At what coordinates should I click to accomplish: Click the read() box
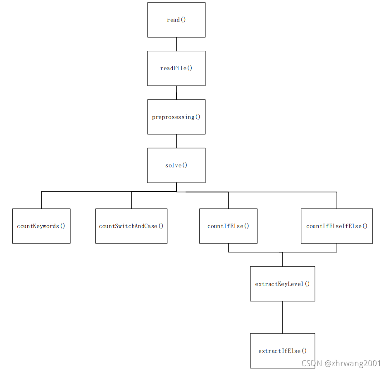pyautogui.click(x=176, y=20)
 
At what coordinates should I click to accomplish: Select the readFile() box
pyautogui.click(x=176, y=68)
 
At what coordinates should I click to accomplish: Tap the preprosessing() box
pyautogui.click(x=176, y=124)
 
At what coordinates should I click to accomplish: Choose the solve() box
pyautogui.click(x=176, y=165)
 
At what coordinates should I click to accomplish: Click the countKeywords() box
pyautogui.click(x=41, y=226)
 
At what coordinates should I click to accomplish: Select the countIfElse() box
pyautogui.click(x=228, y=226)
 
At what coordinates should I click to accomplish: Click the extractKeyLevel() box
pyautogui.click(x=283, y=284)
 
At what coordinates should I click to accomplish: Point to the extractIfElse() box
pyautogui.click(x=283, y=351)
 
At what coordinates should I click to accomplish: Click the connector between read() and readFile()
pyautogui.click(x=176, y=44)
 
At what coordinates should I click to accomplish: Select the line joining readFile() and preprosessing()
pyautogui.click(x=176, y=93)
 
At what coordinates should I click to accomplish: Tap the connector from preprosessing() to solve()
pyautogui.click(x=176, y=141)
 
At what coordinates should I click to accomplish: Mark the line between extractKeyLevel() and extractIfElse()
pyautogui.click(x=283, y=317)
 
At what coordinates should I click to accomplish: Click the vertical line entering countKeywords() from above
pyautogui.click(x=41, y=200)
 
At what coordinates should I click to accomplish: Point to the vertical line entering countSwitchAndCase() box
pyautogui.click(x=131, y=200)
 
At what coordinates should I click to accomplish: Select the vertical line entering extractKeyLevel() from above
pyautogui.click(x=283, y=259)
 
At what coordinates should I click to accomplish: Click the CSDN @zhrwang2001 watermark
pyautogui.click(x=341, y=363)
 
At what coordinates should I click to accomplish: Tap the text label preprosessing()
pyautogui.click(x=176, y=117)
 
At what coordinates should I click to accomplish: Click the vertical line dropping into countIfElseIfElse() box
pyautogui.click(x=337, y=200)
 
